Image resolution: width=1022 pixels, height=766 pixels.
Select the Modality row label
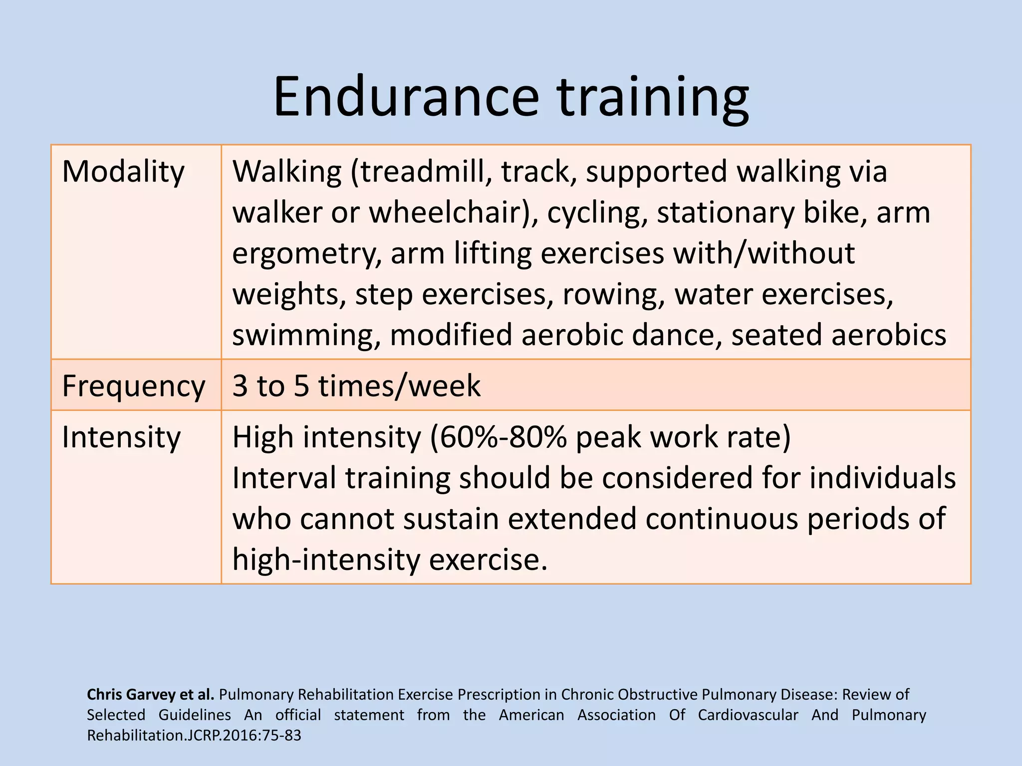[123, 172]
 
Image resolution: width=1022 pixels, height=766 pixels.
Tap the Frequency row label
[133, 386]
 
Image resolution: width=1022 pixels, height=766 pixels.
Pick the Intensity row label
[121, 437]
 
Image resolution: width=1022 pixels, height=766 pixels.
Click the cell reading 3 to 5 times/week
[356, 386]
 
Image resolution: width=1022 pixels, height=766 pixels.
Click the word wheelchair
[452, 212]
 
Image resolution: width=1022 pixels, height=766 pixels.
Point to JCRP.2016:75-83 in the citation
[243, 736]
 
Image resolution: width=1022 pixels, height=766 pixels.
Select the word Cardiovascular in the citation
[748, 715]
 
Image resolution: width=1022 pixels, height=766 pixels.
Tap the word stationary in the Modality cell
[725, 212]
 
